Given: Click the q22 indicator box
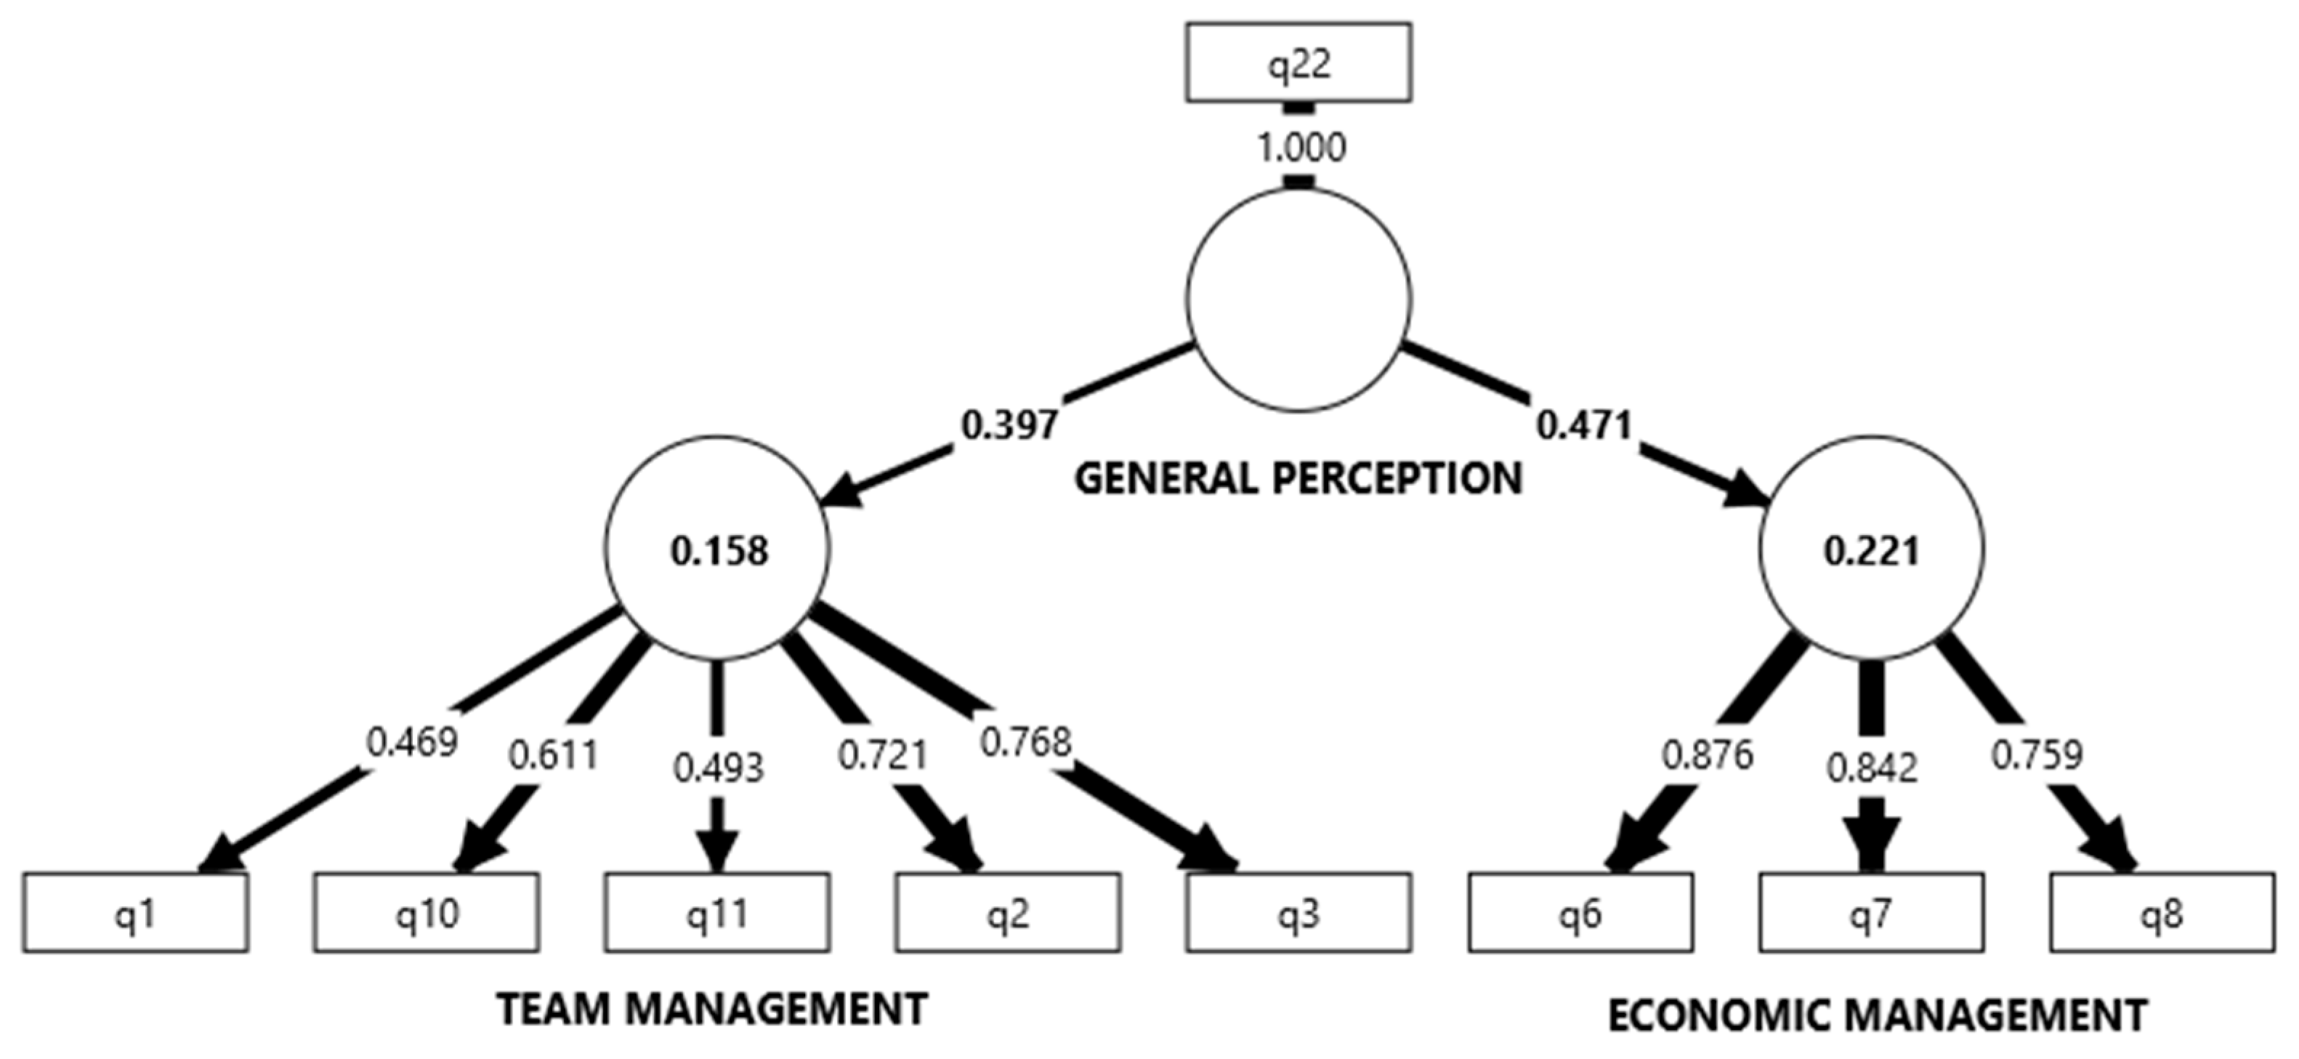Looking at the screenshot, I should click(x=1298, y=63).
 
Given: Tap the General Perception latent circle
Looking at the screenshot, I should click(x=1298, y=299).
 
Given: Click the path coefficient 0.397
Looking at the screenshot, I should click(x=1009, y=424).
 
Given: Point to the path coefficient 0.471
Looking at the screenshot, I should click(x=1584, y=424).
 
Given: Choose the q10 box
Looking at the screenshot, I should click(x=426, y=913).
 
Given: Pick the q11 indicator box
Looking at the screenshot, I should click(x=716, y=913).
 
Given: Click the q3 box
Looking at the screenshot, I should click(x=1298, y=913).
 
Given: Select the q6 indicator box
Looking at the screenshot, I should click(x=1580, y=913).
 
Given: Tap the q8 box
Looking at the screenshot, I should click(x=2162, y=913).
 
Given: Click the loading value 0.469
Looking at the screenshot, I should click(x=412, y=742).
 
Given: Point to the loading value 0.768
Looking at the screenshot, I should click(x=1025, y=742).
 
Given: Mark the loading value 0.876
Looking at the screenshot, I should click(x=1708, y=755).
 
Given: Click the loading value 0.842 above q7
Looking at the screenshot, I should click(x=1872, y=768).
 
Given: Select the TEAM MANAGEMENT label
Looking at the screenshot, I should click(x=712, y=1010).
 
